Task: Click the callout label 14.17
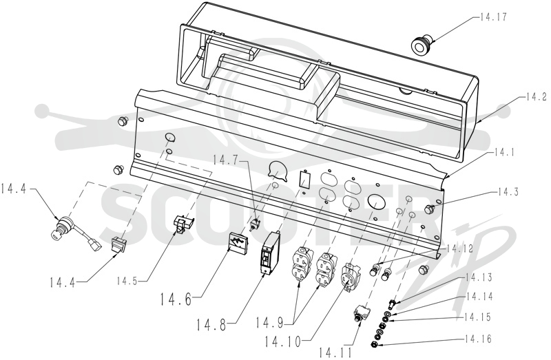tap(493, 17)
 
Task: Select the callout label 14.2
tap(537, 96)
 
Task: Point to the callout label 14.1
tap(504, 152)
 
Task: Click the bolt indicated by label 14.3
tap(429, 209)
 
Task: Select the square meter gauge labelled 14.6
tap(238, 242)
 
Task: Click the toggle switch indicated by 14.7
tap(254, 224)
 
